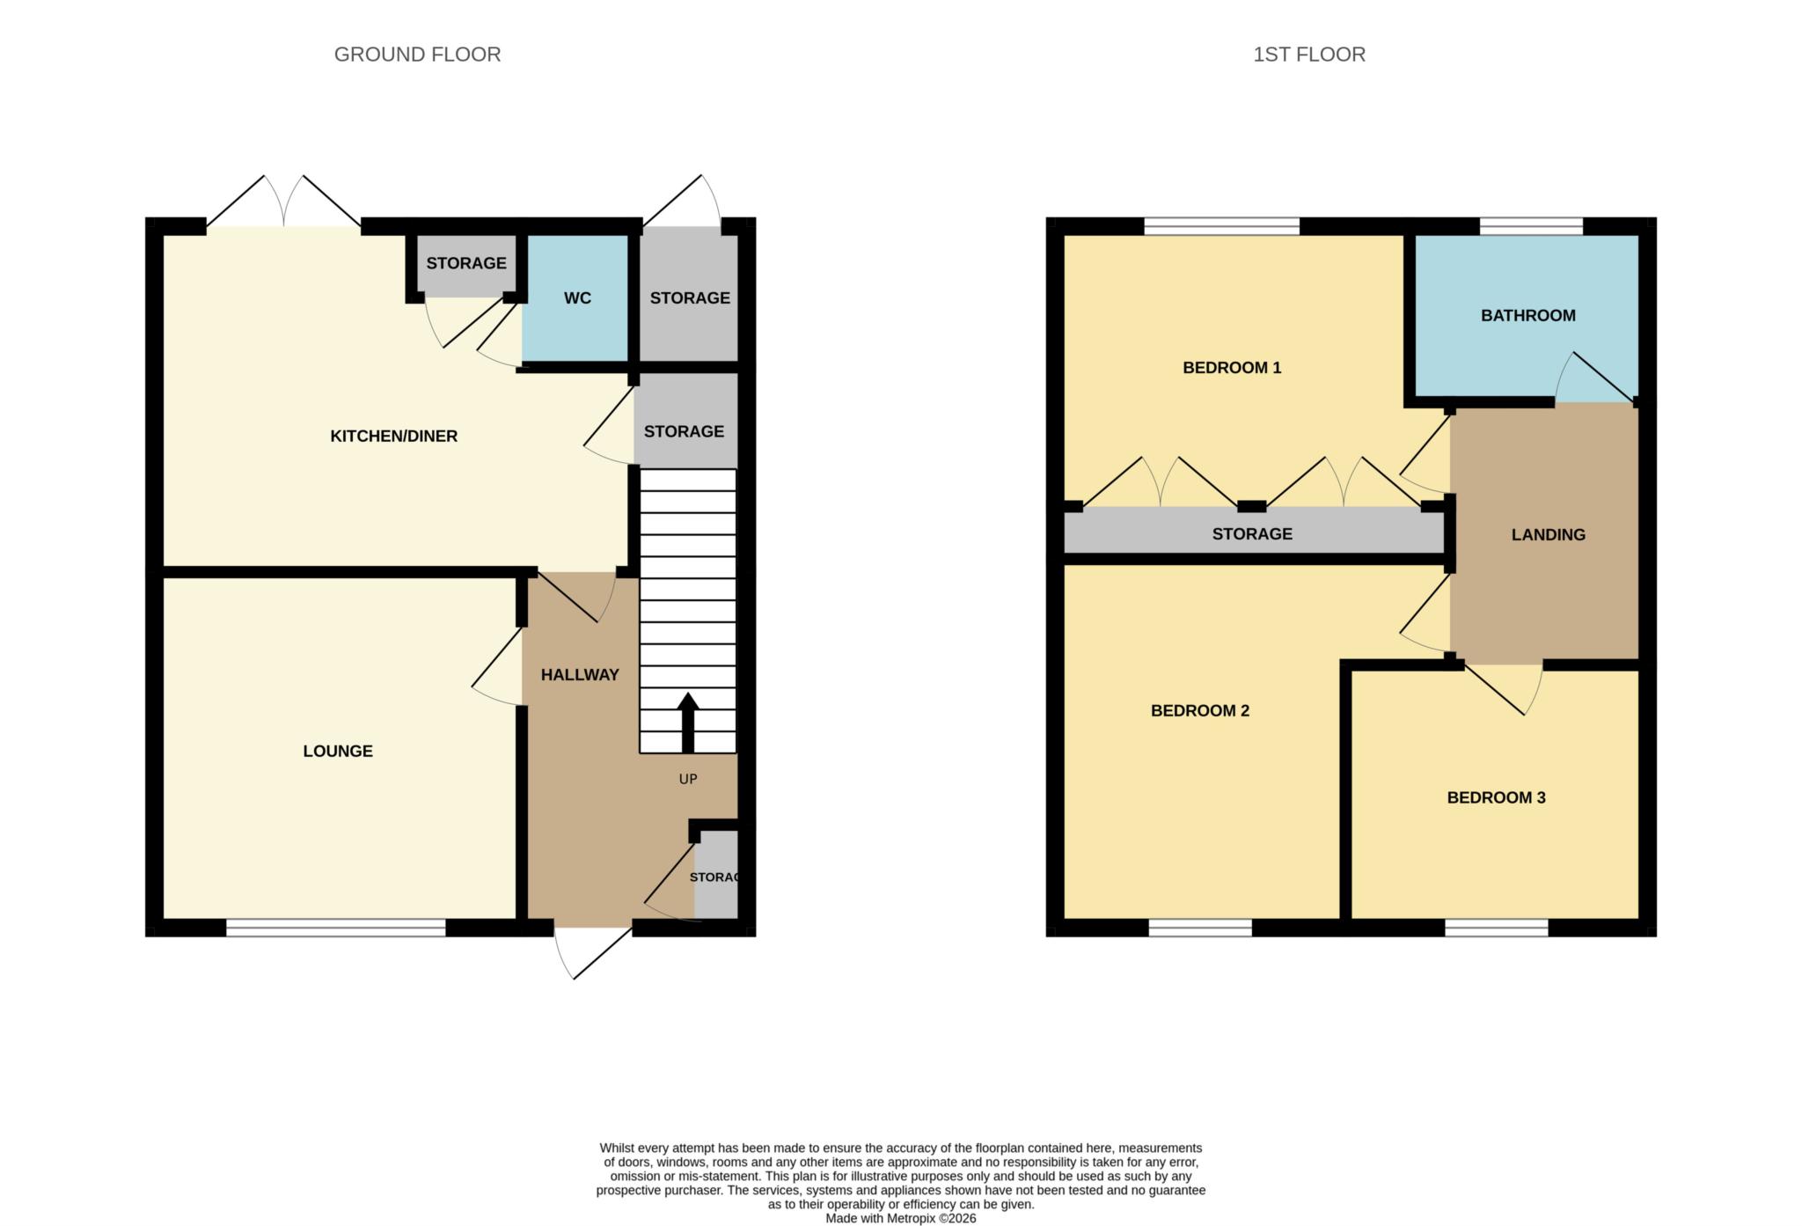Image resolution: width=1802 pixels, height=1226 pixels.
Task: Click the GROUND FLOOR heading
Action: coord(417,55)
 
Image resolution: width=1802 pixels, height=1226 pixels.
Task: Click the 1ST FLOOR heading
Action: coord(1308,55)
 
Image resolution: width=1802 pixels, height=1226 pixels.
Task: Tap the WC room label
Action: coord(577,298)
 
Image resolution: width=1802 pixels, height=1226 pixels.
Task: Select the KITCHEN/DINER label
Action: coord(393,436)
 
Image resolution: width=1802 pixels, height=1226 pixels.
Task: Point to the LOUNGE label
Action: coord(338,751)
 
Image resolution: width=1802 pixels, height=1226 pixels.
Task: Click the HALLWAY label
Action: coord(580,674)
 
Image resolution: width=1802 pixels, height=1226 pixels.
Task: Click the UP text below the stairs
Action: coord(688,779)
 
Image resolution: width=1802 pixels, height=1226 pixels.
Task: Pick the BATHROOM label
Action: coord(1527,315)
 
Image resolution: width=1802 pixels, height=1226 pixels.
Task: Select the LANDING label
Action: coord(1548,534)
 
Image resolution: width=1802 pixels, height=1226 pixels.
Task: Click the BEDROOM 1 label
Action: coord(1231,367)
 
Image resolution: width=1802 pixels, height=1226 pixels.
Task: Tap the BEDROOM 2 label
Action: coord(1199,710)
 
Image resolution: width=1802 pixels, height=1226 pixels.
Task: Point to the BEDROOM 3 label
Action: coord(1496,797)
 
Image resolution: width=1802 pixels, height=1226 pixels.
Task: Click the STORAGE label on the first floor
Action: coord(1251,533)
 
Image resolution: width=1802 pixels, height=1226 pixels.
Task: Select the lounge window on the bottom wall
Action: coord(335,927)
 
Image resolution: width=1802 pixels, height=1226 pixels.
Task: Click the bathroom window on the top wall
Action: coord(1531,226)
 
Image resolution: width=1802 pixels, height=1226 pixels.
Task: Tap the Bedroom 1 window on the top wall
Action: coord(1221,226)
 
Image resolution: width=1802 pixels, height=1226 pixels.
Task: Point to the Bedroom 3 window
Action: coord(1495,927)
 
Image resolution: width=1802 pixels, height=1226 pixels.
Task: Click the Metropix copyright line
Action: coord(900,1218)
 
